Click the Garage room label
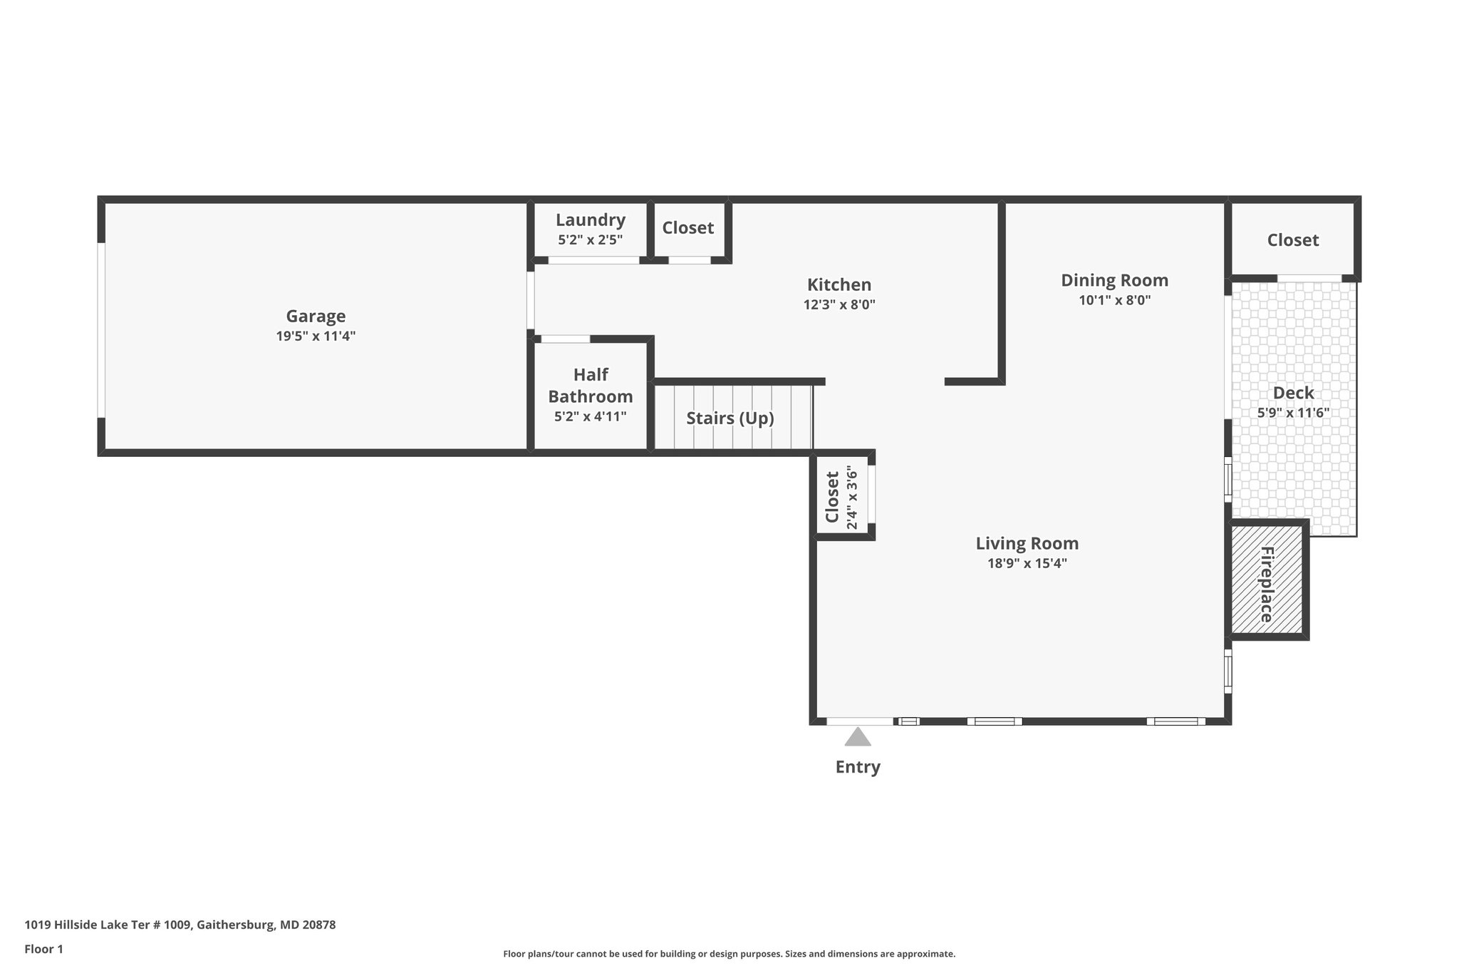pyautogui.click(x=316, y=316)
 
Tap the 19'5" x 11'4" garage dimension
pyautogui.click(x=316, y=336)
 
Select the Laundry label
pyautogui.click(x=591, y=220)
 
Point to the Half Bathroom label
pyautogui.click(x=591, y=386)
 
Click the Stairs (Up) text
pyautogui.click(x=730, y=418)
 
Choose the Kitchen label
pyautogui.click(x=839, y=284)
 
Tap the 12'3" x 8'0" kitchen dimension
pyautogui.click(x=839, y=304)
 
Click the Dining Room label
pyautogui.click(x=1115, y=280)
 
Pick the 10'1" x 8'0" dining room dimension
pyautogui.click(x=1115, y=300)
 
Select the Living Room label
pyautogui.click(x=1027, y=544)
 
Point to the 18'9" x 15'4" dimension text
pyautogui.click(x=1027, y=564)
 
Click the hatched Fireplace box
pyautogui.click(x=1267, y=580)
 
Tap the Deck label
pyautogui.click(x=1294, y=393)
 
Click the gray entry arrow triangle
pyautogui.click(x=858, y=737)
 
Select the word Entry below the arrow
pyautogui.click(x=858, y=767)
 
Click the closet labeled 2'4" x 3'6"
pyautogui.click(x=841, y=497)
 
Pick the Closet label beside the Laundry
pyautogui.click(x=688, y=228)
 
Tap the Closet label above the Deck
pyautogui.click(x=1293, y=240)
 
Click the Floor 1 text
pyautogui.click(x=44, y=949)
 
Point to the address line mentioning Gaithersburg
pyautogui.click(x=180, y=925)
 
